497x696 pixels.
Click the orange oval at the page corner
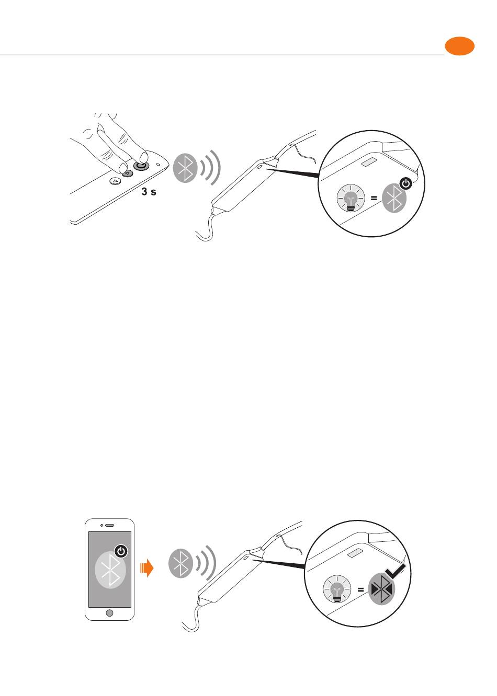pyautogui.click(x=459, y=47)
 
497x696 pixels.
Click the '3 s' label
pyautogui.click(x=149, y=191)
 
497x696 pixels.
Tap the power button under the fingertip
pyautogui.click(x=141, y=166)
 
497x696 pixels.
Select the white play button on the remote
pyautogui.click(x=115, y=180)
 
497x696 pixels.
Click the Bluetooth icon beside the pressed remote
pyautogui.click(x=185, y=168)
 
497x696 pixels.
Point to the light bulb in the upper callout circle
pyautogui.click(x=351, y=198)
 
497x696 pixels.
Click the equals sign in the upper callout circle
pyautogui.click(x=374, y=198)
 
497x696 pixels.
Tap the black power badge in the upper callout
pyautogui.click(x=405, y=183)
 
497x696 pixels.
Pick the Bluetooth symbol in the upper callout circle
pyautogui.click(x=394, y=198)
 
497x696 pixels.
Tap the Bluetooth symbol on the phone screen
pyautogui.click(x=110, y=570)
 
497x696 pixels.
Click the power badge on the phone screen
pyautogui.click(x=121, y=551)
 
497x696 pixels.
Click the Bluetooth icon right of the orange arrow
pyautogui.click(x=180, y=563)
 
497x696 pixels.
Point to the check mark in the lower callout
pyautogui.click(x=396, y=571)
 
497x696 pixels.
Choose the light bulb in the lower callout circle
pyautogui.click(x=337, y=589)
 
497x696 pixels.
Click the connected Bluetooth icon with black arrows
pyautogui.click(x=381, y=589)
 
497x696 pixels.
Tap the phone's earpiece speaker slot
pyautogui.click(x=110, y=525)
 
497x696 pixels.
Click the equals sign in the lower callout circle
pyautogui.click(x=360, y=589)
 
